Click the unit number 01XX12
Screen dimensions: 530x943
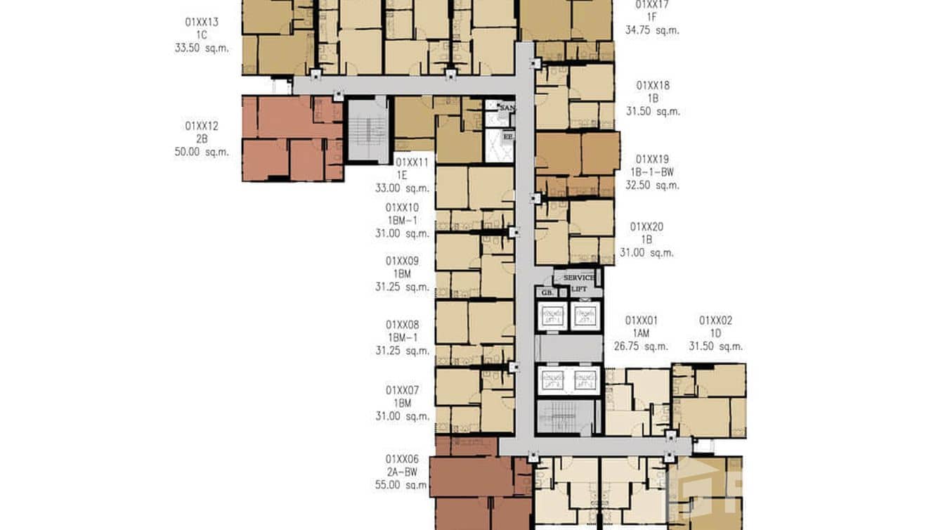pos(202,126)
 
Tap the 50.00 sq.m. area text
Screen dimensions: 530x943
pos(202,152)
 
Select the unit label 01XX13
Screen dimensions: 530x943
pos(202,22)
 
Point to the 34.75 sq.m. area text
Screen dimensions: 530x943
pos(652,30)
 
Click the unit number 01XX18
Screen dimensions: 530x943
pos(653,85)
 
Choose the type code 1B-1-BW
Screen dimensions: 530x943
pos(653,172)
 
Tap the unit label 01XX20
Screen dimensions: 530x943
pos(646,226)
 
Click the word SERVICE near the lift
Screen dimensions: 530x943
pos(579,278)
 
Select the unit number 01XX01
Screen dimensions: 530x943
pos(642,321)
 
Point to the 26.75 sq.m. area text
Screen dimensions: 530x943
pos(642,346)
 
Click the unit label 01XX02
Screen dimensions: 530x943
pos(715,321)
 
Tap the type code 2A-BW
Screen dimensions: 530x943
pos(402,472)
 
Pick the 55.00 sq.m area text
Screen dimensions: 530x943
pos(401,485)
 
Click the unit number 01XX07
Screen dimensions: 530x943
pos(402,390)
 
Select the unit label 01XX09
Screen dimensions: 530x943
pos(402,261)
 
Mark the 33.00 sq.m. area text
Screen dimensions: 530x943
pos(402,188)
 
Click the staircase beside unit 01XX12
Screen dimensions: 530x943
pos(368,130)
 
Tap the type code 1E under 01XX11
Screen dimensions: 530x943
pos(402,175)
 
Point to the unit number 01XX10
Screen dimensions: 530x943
pos(402,207)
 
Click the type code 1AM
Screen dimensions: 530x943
pos(642,333)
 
